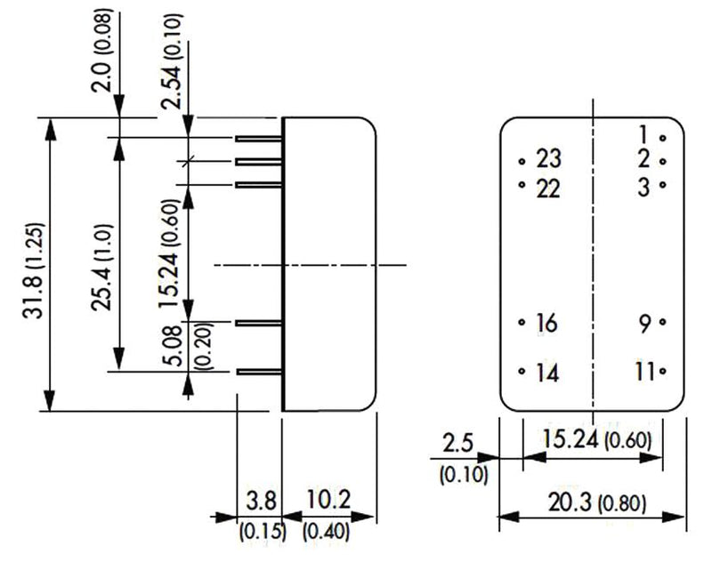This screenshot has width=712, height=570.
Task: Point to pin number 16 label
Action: click(546, 324)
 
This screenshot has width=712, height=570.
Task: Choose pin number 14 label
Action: click(547, 373)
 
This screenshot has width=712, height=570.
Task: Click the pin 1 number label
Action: click(644, 135)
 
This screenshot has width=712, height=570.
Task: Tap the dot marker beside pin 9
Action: click(663, 323)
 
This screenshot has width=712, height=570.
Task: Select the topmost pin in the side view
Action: click(259, 139)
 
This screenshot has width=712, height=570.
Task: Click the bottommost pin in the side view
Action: click(259, 372)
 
